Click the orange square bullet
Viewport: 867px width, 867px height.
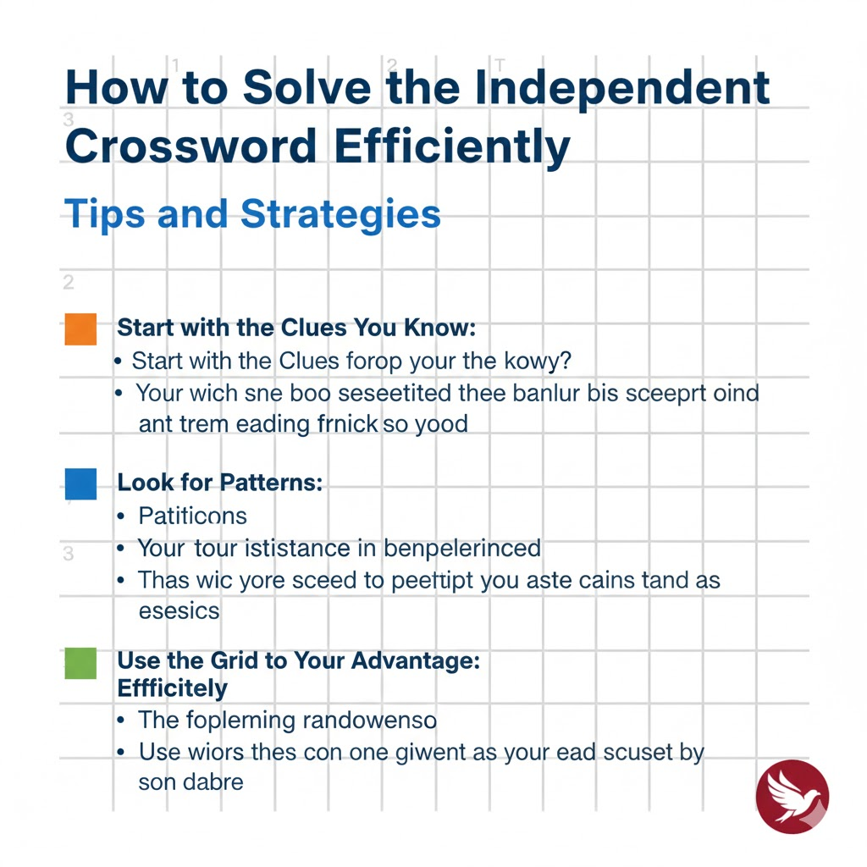pos(80,329)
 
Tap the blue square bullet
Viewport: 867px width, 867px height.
pos(80,483)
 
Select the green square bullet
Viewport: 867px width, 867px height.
pos(80,662)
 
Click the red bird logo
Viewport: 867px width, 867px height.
pos(792,797)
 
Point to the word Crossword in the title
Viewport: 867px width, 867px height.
pos(191,146)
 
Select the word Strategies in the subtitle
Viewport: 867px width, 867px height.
pos(341,213)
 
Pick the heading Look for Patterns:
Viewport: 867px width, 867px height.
pos(220,483)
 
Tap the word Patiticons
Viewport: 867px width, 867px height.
pos(192,516)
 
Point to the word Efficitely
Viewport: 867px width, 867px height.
pos(172,688)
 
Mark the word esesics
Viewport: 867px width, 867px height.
pos(179,610)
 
